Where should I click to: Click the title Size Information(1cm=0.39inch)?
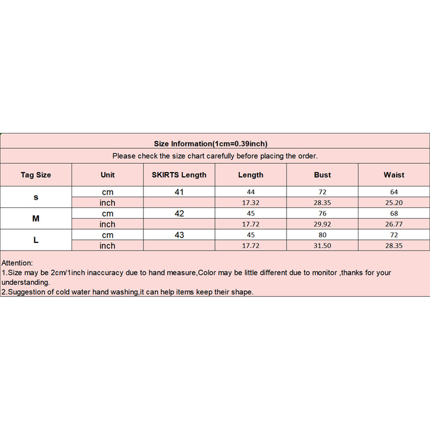[x=211, y=144]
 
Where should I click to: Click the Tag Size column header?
[x=36, y=175]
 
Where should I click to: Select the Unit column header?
[x=107, y=175]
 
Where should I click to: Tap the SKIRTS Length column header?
[x=179, y=175]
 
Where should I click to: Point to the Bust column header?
[x=322, y=175]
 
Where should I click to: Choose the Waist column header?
[x=394, y=175]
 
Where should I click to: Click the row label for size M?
[x=36, y=219]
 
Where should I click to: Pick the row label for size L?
[x=36, y=240]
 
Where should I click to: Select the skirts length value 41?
[x=179, y=192]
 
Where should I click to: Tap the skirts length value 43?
[x=179, y=235]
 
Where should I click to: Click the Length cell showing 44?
[x=251, y=192]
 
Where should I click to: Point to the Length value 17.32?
[x=251, y=203]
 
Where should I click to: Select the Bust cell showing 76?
[x=322, y=213]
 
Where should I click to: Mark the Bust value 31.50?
[x=322, y=246]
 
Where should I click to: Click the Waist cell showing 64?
[x=394, y=192]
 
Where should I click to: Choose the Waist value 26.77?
[x=394, y=224]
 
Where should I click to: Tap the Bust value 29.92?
[x=322, y=224]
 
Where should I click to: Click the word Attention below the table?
[x=17, y=263]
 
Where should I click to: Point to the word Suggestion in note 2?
[x=26, y=292]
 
